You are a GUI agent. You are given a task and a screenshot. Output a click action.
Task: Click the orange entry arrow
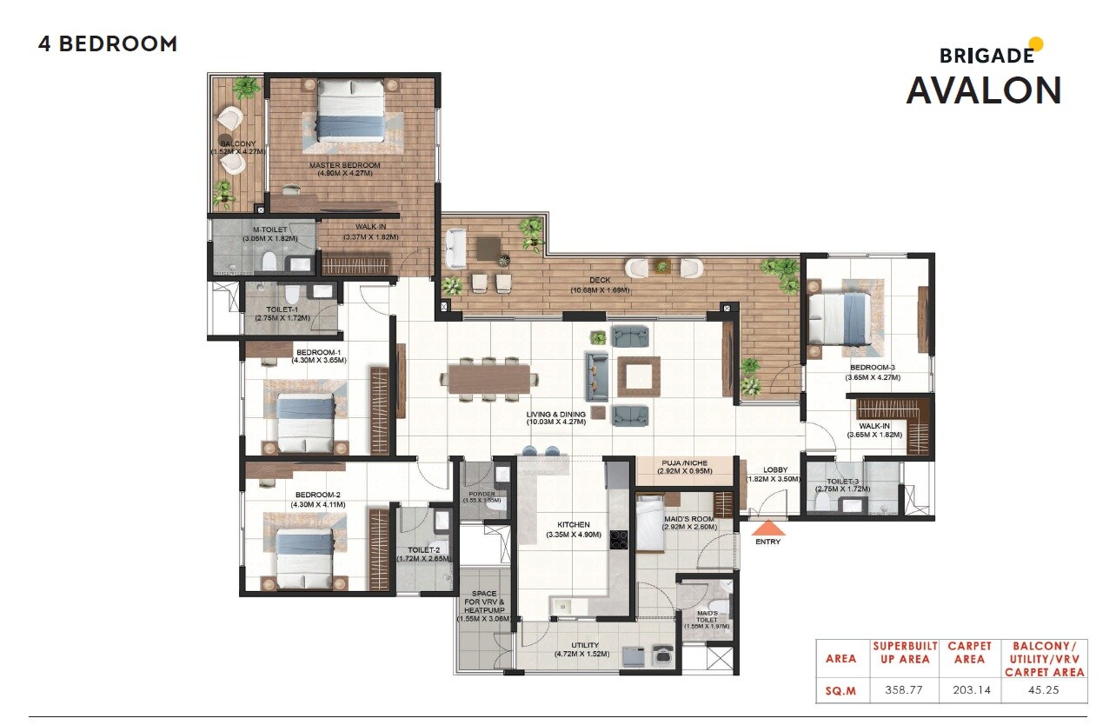(x=767, y=528)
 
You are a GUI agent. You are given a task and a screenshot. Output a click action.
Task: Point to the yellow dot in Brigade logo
(x=1035, y=44)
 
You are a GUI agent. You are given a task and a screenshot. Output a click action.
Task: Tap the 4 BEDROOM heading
(x=108, y=44)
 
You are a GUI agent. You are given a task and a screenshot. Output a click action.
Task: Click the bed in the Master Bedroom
(x=349, y=110)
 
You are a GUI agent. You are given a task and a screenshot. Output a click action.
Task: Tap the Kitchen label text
(x=574, y=525)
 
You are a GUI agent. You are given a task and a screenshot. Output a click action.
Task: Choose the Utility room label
(x=584, y=645)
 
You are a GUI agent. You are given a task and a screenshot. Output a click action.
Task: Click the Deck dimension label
(x=600, y=285)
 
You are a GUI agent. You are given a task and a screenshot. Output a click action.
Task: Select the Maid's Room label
(x=689, y=522)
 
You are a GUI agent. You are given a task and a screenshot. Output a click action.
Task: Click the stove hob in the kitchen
(x=618, y=541)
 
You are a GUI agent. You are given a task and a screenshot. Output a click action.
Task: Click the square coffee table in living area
(x=639, y=376)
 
